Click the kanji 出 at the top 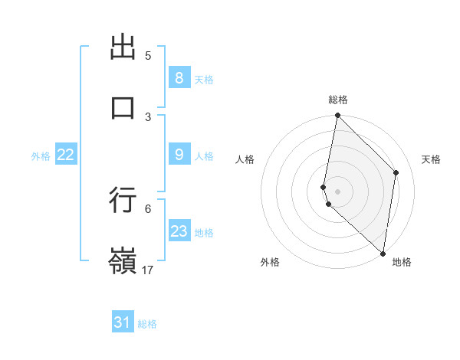click(x=123, y=49)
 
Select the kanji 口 click(x=123, y=107)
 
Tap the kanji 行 click(x=123, y=200)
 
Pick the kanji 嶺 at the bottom click(x=123, y=261)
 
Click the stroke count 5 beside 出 click(x=148, y=55)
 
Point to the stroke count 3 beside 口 click(x=148, y=116)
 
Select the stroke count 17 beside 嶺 click(x=148, y=270)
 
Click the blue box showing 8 click(x=179, y=77)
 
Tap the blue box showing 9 click(x=179, y=155)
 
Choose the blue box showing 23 click(x=179, y=231)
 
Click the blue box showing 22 click(x=65, y=155)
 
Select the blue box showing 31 click(x=123, y=323)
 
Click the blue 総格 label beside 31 click(x=147, y=324)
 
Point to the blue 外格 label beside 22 click(x=41, y=155)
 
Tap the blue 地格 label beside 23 click(x=204, y=232)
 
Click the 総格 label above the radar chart click(x=338, y=100)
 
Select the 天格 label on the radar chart click(x=431, y=159)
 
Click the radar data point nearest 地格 click(x=383, y=254)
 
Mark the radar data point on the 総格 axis click(x=337, y=116)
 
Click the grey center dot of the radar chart click(x=337, y=191)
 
